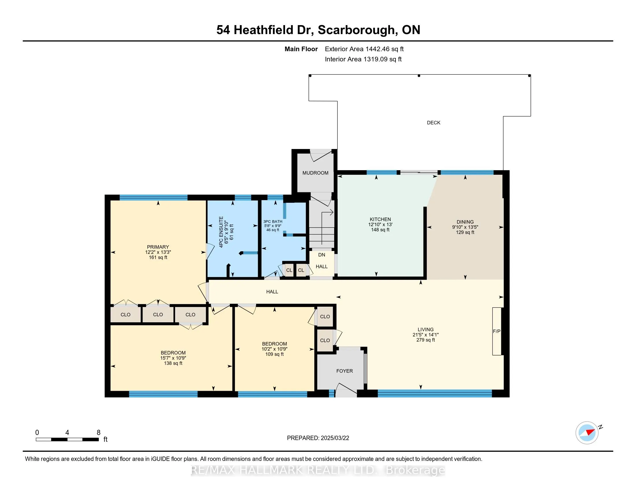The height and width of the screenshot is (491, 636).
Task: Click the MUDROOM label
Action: (x=315, y=173)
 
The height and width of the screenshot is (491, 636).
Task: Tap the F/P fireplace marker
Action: (x=496, y=331)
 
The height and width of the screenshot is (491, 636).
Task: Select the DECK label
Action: (x=433, y=123)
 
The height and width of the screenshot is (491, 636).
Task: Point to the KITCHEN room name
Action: (x=380, y=219)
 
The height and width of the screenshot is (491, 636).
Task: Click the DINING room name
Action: (x=465, y=222)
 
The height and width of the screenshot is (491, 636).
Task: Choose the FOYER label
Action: (x=345, y=371)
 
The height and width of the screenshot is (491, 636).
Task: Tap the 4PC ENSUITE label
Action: (x=221, y=232)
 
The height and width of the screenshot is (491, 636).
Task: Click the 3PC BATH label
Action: (x=273, y=222)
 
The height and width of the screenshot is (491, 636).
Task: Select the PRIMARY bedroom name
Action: (x=158, y=247)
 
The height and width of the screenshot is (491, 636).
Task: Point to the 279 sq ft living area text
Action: (x=426, y=340)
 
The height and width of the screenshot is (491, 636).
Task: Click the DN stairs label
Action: (x=321, y=255)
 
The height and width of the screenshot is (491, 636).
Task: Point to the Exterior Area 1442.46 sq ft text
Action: (x=364, y=49)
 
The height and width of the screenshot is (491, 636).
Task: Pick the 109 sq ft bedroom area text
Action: (x=274, y=354)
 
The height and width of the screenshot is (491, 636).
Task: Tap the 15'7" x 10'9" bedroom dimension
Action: (x=173, y=358)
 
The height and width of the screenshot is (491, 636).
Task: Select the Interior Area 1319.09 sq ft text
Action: (x=363, y=59)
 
